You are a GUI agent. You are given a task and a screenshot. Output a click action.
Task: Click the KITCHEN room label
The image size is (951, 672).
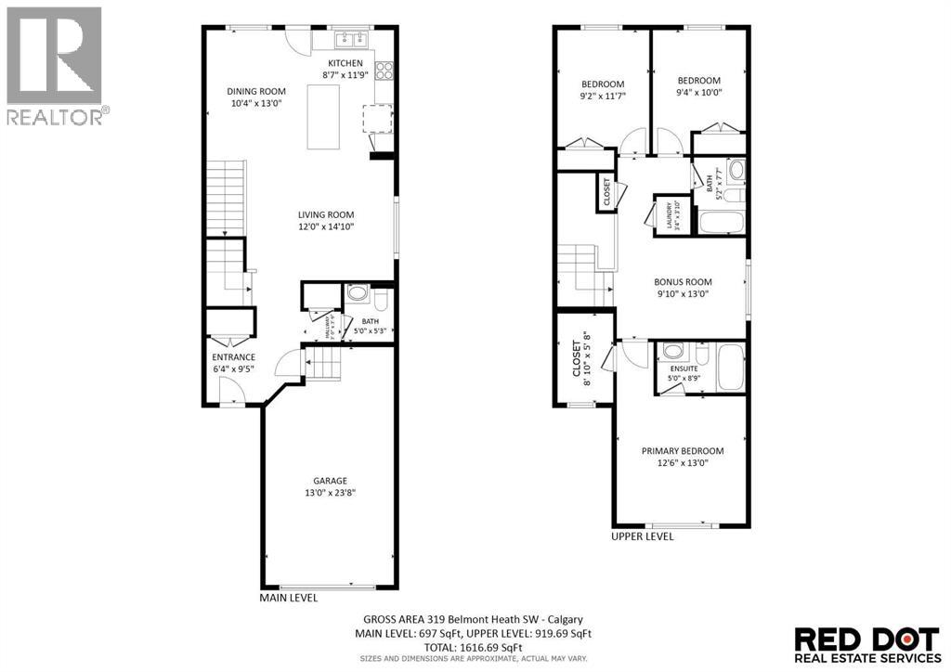(x=344, y=62)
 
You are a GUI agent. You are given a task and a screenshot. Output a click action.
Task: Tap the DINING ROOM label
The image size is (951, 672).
(x=256, y=91)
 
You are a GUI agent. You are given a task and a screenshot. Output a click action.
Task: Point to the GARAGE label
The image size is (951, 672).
(x=330, y=480)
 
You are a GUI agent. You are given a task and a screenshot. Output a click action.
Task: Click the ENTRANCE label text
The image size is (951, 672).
(x=233, y=356)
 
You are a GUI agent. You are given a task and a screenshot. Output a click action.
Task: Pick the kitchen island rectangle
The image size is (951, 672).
(x=325, y=117)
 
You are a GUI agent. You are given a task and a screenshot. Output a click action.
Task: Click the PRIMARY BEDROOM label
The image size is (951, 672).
(x=683, y=451)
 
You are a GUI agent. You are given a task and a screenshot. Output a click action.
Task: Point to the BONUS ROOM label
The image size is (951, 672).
(x=683, y=282)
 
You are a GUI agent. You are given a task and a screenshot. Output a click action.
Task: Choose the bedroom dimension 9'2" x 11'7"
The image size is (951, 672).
(x=603, y=95)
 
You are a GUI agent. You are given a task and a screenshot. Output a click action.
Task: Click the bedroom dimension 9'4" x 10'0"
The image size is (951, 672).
(x=698, y=92)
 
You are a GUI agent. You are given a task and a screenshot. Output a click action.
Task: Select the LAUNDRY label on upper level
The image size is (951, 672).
(x=669, y=215)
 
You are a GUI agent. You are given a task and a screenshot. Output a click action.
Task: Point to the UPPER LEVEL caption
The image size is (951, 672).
(x=642, y=536)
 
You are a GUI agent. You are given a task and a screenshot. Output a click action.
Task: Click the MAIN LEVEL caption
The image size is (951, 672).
(x=288, y=599)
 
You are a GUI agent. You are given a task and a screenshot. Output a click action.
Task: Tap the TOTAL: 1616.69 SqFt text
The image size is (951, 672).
(x=475, y=647)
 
